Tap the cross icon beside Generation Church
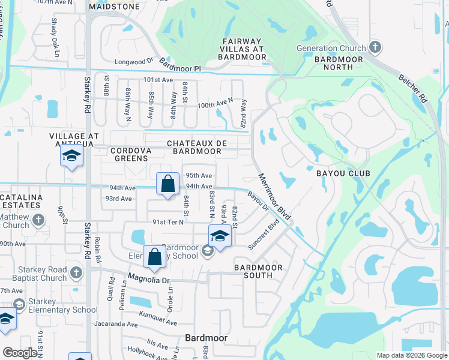[375, 47]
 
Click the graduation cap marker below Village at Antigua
[71, 157]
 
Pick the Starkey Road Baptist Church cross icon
[76, 273]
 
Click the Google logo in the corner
[20, 353]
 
